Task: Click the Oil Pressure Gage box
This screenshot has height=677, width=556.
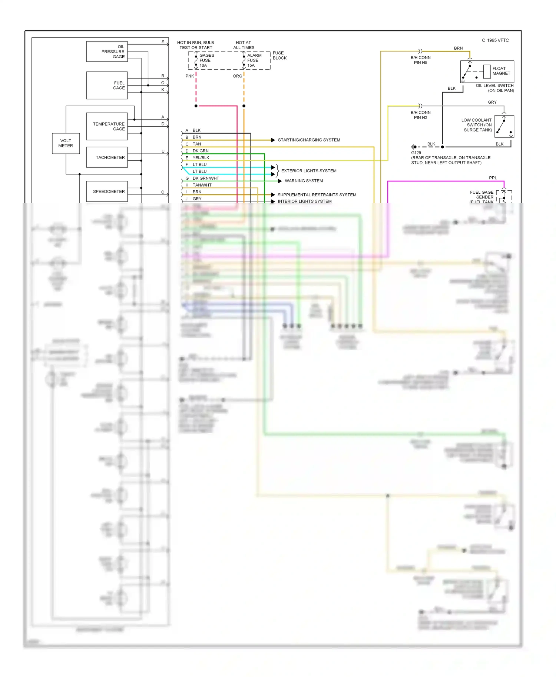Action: (x=107, y=51)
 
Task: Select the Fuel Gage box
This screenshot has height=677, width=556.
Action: (x=107, y=86)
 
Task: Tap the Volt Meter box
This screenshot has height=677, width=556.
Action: (x=66, y=143)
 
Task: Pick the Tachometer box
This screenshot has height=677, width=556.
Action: (x=107, y=157)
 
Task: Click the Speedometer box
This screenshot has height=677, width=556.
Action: (x=107, y=191)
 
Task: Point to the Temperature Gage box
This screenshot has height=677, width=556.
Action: (x=107, y=127)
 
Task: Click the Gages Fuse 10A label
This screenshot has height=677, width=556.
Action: (x=206, y=60)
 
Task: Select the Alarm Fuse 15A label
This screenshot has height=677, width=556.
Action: (x=254, y=60)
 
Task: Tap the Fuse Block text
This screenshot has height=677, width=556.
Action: (x=279, y=56)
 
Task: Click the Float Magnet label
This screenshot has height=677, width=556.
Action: (x=501, y=71)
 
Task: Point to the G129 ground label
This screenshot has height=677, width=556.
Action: (x=416, y=153)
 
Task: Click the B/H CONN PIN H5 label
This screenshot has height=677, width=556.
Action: (x=420, y=60)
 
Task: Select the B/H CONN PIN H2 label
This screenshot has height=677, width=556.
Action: (x=420, y=115)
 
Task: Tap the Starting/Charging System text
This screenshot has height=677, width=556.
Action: (x=309, y=140)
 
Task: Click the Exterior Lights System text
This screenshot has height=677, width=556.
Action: (x=309, y=171)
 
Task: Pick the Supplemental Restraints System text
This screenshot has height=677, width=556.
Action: (x=317, y=195)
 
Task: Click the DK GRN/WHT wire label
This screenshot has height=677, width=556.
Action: (x=206, y=178)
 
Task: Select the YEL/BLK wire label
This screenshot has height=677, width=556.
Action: (x=201, y=158)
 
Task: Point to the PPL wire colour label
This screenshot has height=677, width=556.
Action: (x=493, y=178)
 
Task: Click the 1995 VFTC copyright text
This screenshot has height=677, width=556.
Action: (x=495, y=40)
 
